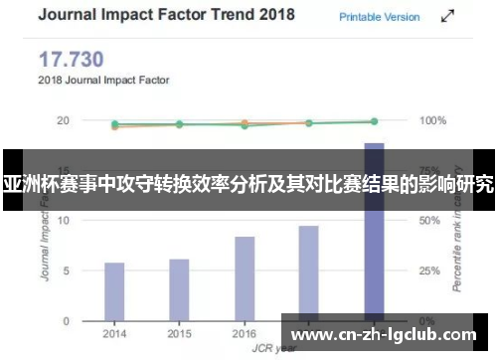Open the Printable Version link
[x=380, y=17]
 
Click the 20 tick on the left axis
[x=63, y=120]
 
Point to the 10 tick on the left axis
[x=63, y=221]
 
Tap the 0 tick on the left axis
[x=67, y=320]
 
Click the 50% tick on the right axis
[x=429, y=221]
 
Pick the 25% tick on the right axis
[x=429, y=270]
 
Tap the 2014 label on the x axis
[x=114, y=334]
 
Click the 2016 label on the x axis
[x=245, y=334]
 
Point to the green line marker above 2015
[x=179, y=124]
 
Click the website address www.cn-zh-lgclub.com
[x=387, y=328]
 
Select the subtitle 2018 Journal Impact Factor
[x=104, y=80]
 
